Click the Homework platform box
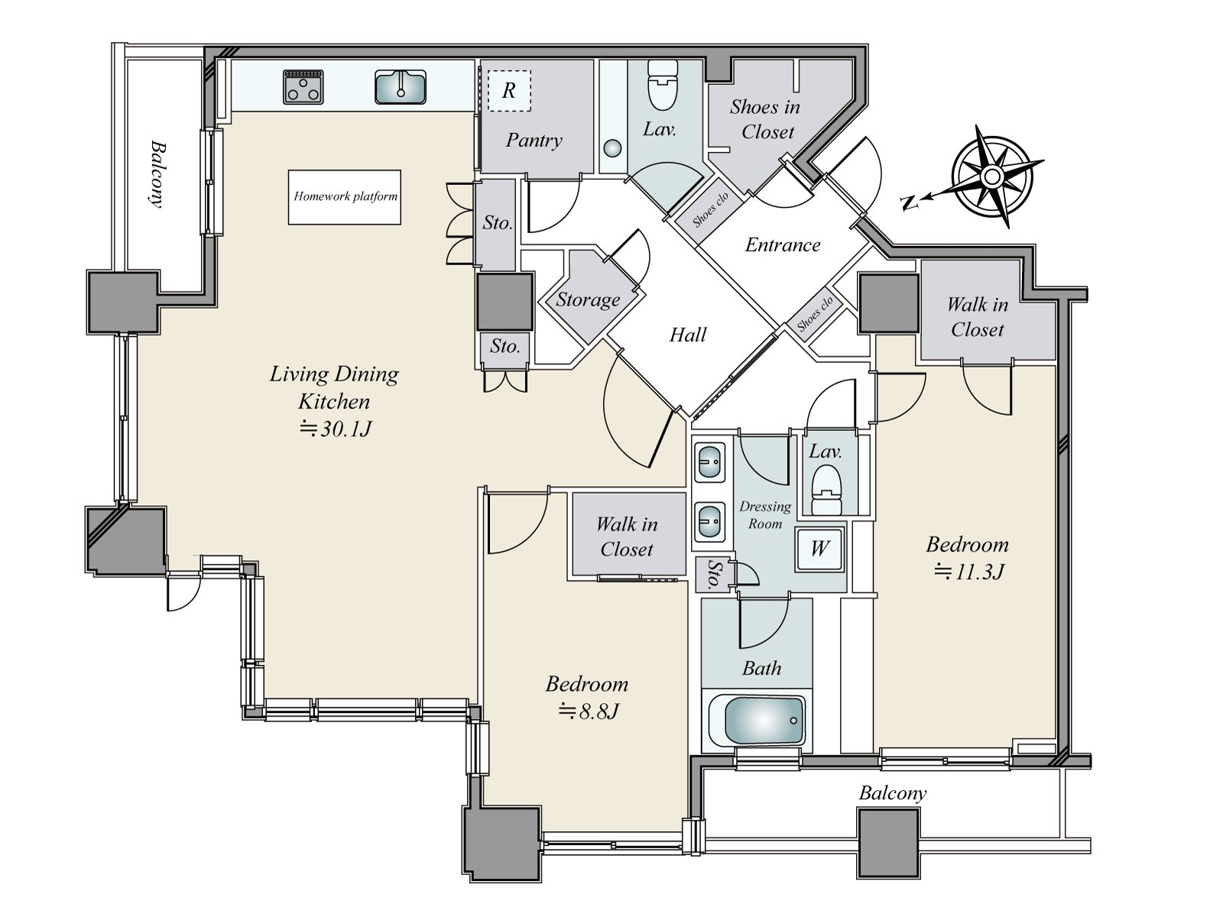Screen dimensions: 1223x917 [344, 197]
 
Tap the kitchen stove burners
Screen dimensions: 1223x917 [303, 87]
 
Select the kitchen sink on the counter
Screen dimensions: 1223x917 [400, 87]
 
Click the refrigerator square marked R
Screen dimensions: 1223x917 [509, 91]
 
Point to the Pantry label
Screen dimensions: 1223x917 [534, 141]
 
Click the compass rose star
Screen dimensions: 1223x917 [991, 177]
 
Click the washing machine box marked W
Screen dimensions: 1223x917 [819, 549]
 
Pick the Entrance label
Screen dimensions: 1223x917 [783, 245]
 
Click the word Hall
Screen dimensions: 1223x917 [687, 335]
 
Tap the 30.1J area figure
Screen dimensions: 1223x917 [336, 429]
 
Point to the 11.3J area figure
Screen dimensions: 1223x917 [968, 572]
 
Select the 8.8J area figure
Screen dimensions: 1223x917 [589, 711]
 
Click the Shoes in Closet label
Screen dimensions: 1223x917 [765, 119]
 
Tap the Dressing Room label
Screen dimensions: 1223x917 [765, 515]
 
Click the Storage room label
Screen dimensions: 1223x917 [588, 300]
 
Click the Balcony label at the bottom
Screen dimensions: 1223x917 [893, 793]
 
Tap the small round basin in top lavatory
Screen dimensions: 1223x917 [612, 149]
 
